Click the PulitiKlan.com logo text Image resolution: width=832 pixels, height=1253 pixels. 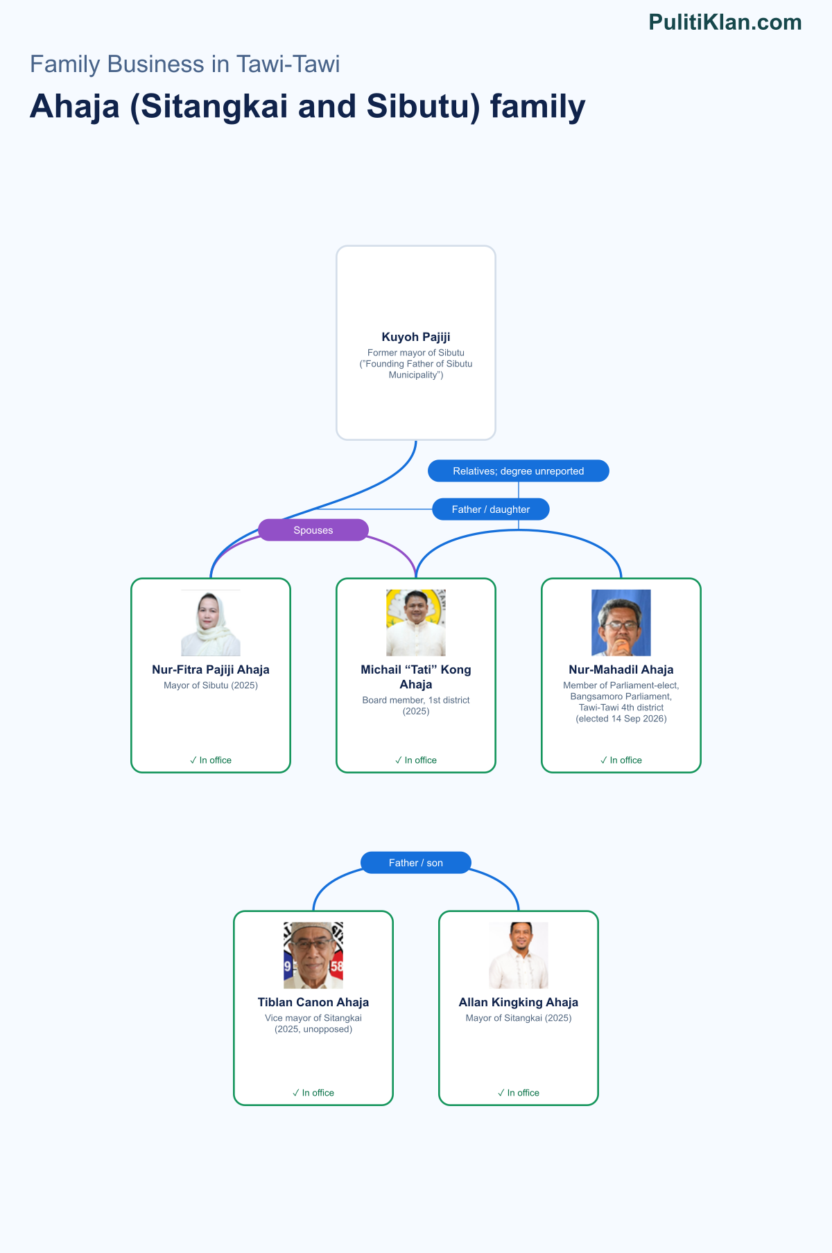725,22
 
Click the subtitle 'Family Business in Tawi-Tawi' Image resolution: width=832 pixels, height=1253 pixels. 185,64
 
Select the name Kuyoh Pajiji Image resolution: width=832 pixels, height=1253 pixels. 416,337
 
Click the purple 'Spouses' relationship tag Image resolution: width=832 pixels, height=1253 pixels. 313,530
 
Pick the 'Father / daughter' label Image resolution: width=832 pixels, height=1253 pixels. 491,509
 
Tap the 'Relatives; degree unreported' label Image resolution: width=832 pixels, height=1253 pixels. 519,471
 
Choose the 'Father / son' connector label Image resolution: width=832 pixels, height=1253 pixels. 416,863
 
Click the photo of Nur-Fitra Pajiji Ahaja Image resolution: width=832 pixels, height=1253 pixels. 211,623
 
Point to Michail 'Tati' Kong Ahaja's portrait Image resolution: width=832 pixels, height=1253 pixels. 416,623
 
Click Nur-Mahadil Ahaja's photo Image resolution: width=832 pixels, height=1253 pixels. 621,623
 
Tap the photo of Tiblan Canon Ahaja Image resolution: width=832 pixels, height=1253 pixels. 313,956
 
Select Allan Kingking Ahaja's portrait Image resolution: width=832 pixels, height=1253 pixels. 519,956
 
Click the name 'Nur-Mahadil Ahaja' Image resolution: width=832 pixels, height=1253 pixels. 621,669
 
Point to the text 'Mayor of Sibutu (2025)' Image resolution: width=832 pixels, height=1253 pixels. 211,685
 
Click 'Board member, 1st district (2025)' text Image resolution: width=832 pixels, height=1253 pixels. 416,706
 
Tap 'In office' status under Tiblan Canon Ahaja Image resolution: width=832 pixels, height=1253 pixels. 313,1093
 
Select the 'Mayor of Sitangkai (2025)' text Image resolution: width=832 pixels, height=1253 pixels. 519,1018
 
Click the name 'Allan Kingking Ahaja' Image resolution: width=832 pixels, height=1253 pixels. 519,1002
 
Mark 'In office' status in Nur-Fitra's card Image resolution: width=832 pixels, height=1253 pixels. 211,760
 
